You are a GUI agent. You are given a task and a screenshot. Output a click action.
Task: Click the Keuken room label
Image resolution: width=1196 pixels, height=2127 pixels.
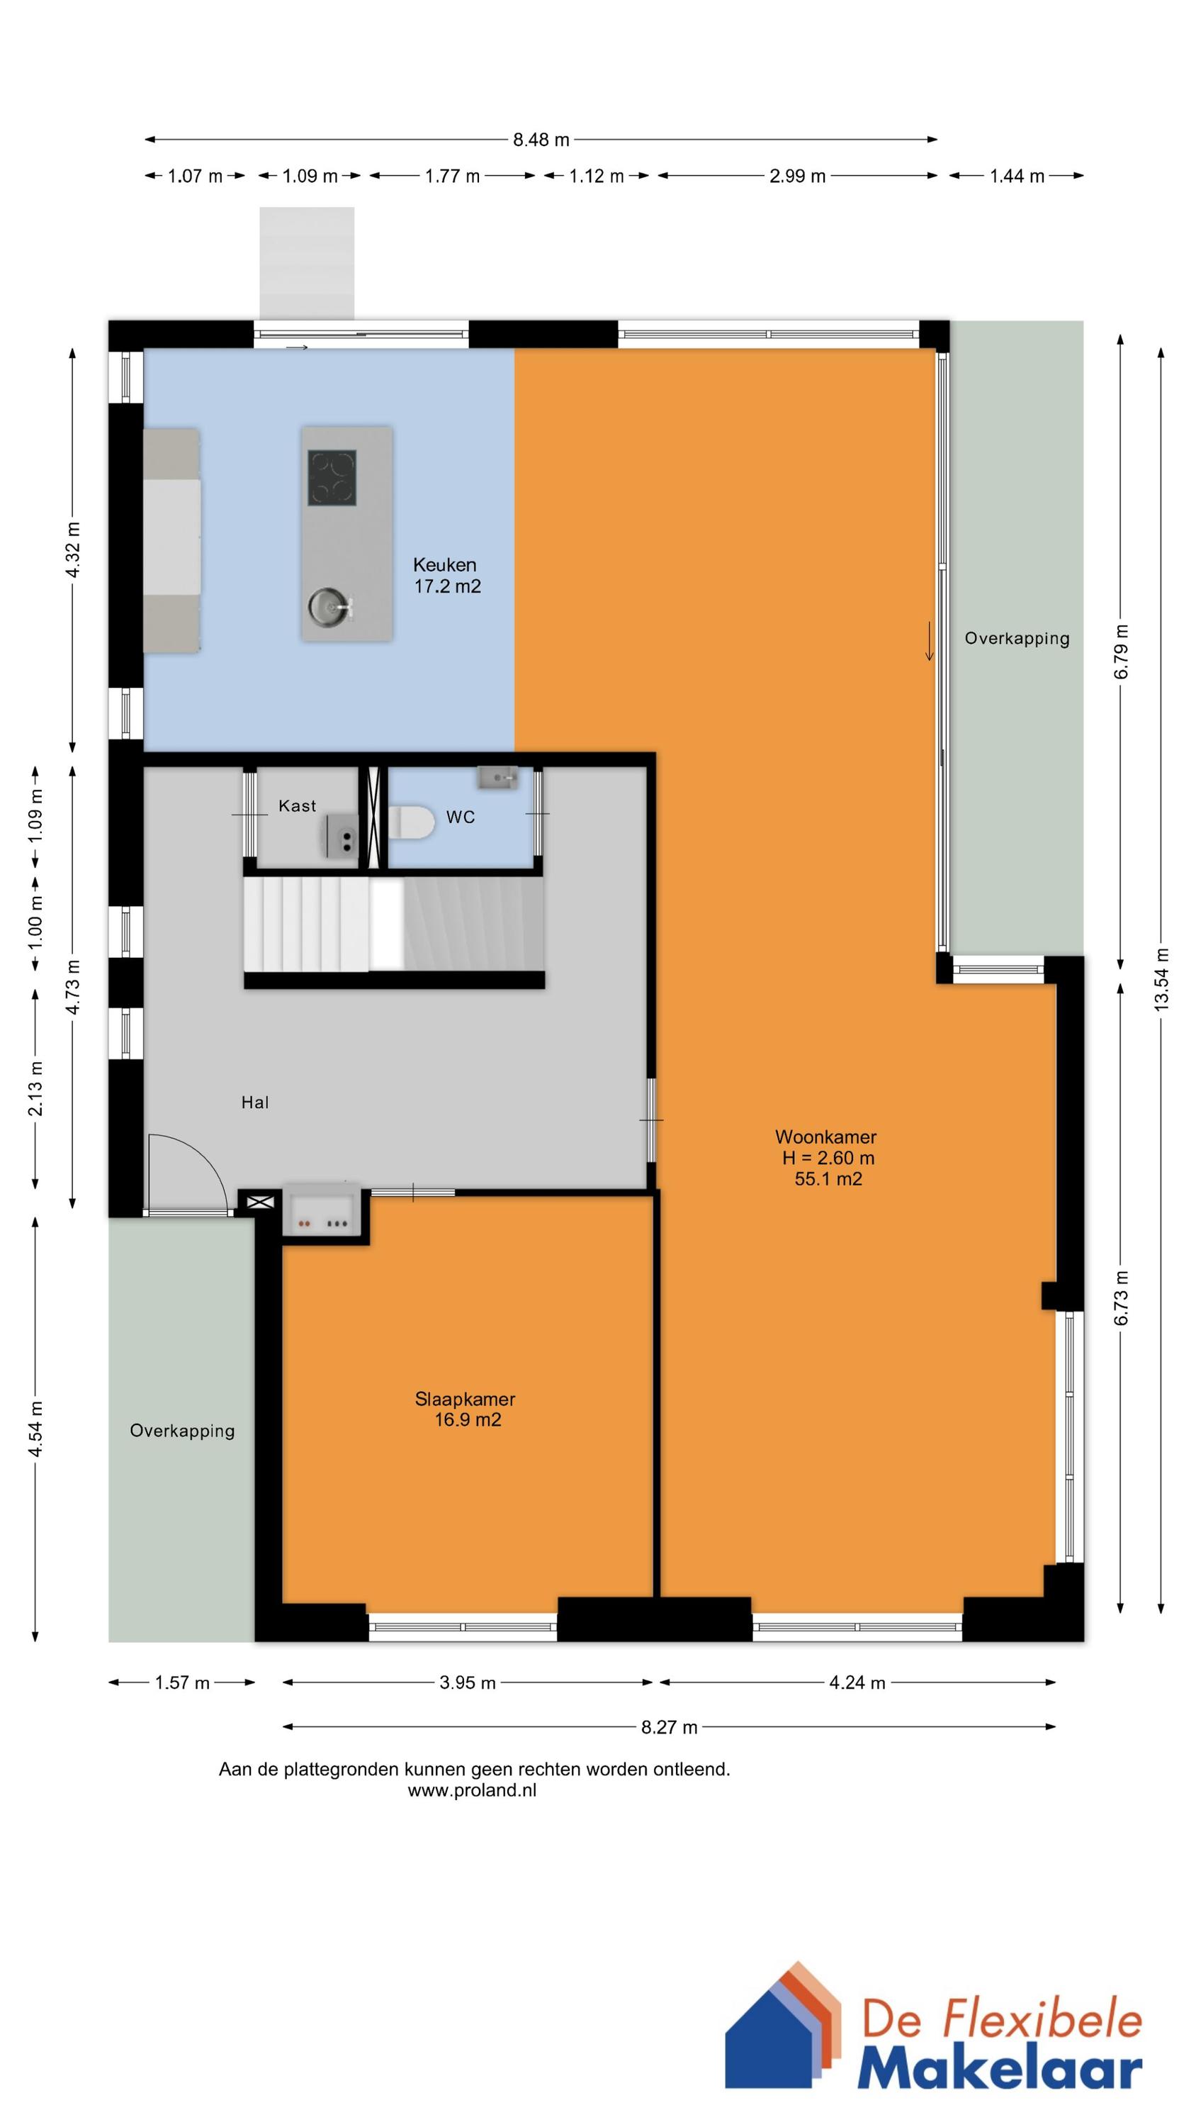point(445,565)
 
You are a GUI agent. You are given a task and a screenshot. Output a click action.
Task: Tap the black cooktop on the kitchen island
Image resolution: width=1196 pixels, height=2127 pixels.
point(332,477)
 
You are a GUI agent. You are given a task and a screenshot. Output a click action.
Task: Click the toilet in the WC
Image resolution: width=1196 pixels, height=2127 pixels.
point(412,822)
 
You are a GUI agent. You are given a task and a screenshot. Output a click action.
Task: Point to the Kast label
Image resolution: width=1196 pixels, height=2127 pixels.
point(297,806)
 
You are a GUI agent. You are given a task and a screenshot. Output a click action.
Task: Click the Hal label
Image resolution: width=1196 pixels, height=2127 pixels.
point(255,1102)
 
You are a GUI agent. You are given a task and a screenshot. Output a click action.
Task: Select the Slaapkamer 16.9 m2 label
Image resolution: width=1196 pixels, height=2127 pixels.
point(466,1409)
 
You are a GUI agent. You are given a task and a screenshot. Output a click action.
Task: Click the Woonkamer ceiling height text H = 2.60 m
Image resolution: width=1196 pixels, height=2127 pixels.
point(829,1158)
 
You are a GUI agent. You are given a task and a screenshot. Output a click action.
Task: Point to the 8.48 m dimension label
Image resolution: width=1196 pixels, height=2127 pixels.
point(541,140)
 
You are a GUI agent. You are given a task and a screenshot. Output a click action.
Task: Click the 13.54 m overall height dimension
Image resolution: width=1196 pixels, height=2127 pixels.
point(1161,978)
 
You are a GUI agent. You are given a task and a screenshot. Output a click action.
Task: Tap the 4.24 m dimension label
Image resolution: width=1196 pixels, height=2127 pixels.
point(857,1682)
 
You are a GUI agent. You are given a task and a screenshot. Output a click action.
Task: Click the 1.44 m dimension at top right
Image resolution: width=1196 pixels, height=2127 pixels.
point(1017,176)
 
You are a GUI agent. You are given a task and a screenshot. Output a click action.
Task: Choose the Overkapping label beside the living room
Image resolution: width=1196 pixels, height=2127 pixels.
point(1017,638)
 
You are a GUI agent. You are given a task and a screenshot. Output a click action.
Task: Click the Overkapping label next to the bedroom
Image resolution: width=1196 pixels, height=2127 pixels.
point(182,1431)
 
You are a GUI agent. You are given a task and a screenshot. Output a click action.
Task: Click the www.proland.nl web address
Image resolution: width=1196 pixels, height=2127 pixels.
point(472,1790)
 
